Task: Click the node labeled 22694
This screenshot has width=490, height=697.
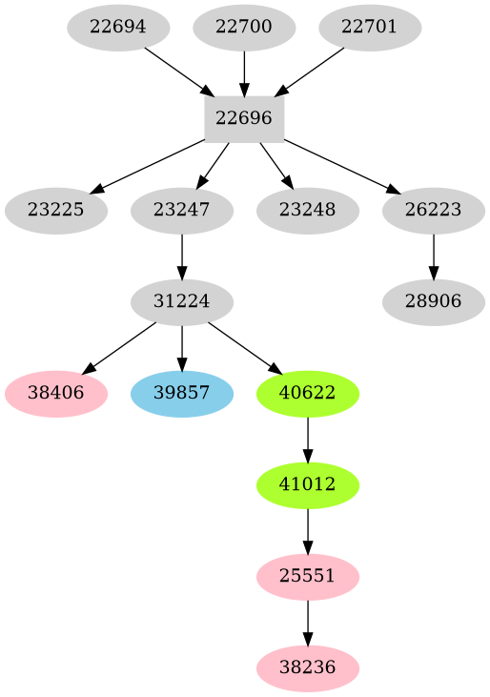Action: tap(118, 27)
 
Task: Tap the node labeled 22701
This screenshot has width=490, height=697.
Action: tap(370, 27)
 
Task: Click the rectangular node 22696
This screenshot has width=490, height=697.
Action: tap(244, 118)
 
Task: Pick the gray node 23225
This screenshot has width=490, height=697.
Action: tap(55, 210)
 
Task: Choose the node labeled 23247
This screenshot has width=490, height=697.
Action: tap(181, 210)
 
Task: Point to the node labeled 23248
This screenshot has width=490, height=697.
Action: tap(307, 210)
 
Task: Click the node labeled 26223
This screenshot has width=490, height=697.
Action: tap(433, 210)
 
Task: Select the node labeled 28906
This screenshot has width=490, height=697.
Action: tap(433, 301)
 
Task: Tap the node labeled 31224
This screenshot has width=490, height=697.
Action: tap(181, 301)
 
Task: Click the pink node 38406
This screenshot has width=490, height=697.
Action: tap(55, 394)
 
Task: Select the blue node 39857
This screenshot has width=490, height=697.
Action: tap(181, 394)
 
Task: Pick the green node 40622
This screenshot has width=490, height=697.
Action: tap(307, 394)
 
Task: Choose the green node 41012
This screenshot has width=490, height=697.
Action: tap(307, 485)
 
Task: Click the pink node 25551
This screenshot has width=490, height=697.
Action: tap(307, 577)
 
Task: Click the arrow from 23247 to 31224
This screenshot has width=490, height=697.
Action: tap(181, 256)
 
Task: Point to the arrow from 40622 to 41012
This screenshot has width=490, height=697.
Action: tap(307, 440)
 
